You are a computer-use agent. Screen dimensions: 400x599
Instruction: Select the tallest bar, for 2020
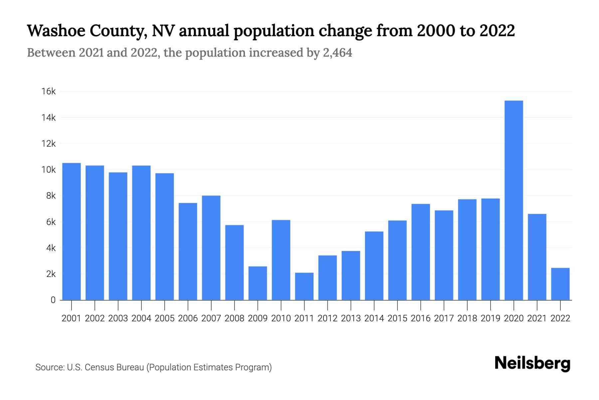click(x=514, y=200)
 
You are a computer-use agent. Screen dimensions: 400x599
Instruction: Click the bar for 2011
click(x=304, y=286)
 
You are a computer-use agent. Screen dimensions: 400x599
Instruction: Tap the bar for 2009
click(x=258, y=283)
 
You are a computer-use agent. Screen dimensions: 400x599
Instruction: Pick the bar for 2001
click(x=72, y=231)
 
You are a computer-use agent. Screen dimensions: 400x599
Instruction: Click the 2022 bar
click(x=560, y=284)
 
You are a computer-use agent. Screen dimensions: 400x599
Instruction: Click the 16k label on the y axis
click(x=49, y=91)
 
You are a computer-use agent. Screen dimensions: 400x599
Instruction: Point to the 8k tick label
click(x=51, y=196)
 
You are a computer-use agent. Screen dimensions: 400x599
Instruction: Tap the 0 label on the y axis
click(x=53, y=300)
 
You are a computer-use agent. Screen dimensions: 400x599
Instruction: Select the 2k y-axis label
click(x=51, y=274)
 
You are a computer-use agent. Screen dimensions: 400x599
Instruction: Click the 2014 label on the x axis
click(x=374, y=318)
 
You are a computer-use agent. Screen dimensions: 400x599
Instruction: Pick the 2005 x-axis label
click(x=164, y=318)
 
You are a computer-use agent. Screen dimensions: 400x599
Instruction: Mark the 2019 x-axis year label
click(x=491, y=318)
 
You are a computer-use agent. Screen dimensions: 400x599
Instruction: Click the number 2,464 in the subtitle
click(x=337, y=53)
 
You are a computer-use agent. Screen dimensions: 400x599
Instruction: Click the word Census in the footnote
click(x=99, y=367)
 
